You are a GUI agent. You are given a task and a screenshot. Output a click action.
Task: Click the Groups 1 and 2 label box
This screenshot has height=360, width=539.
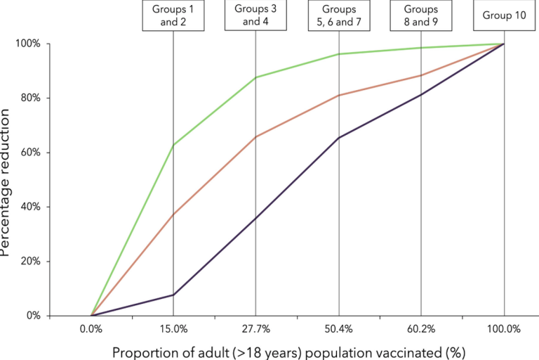click(x=173, y=15)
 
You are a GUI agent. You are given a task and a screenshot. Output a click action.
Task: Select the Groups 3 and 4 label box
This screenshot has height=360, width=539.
click(x=255, y=15)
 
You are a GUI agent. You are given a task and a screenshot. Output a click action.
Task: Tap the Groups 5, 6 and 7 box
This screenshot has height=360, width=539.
click(x=338, y=15)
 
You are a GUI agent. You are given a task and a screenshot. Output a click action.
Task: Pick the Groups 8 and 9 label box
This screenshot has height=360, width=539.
click(x=421, y=15)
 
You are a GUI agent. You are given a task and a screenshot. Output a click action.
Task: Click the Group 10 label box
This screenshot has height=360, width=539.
click(x=503, y=15)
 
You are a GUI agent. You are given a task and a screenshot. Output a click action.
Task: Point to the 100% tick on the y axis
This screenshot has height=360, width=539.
click(x=29, y=44)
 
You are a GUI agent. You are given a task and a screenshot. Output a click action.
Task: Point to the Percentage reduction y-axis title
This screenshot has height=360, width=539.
click(x=6, y=179)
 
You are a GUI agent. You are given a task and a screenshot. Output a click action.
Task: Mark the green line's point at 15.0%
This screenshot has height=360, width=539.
click(x=173, y=145)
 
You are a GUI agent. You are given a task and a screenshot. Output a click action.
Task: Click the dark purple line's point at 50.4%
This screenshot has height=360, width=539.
click(x=338, y=138)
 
